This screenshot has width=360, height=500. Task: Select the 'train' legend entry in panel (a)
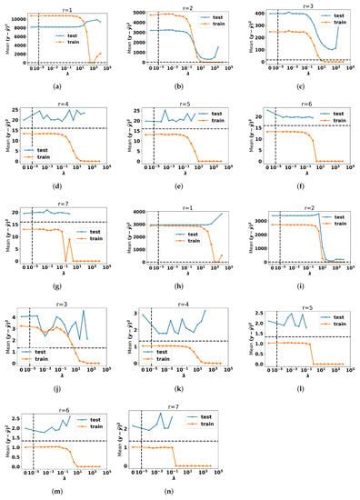pos(72,44)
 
